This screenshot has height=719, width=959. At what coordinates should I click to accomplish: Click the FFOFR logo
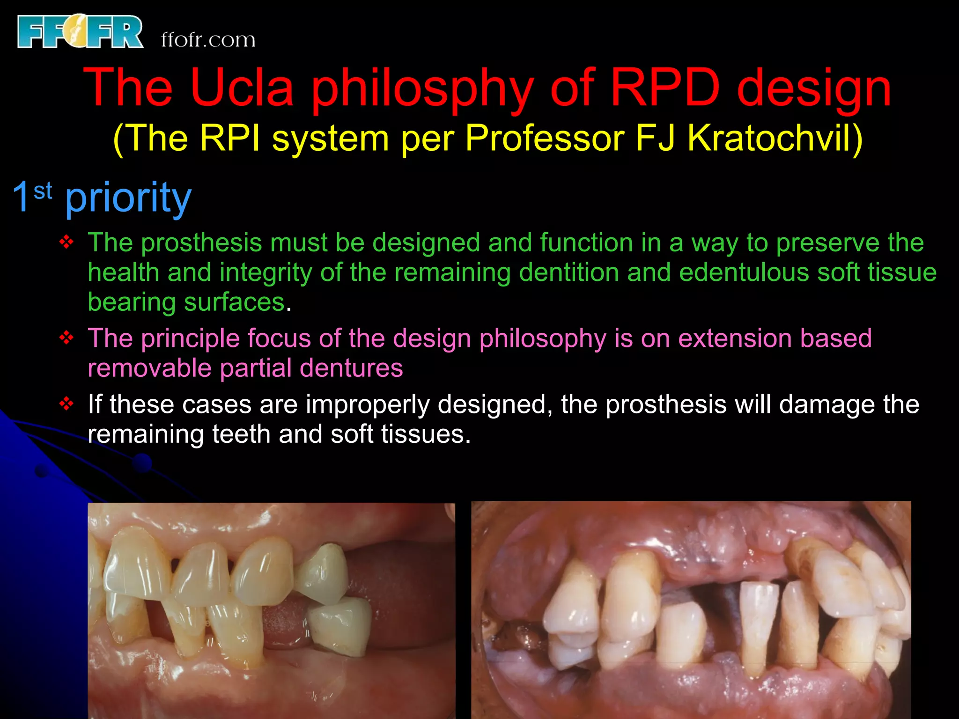point(80,32)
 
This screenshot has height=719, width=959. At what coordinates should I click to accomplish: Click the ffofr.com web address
point(208,40)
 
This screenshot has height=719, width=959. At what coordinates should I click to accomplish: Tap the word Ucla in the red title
point(242,88)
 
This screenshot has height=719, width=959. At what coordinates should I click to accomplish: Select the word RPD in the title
point(665,88)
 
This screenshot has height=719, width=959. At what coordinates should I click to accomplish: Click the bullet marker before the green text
point(66,242)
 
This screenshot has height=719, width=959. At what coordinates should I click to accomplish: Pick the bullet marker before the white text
point(66,404)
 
